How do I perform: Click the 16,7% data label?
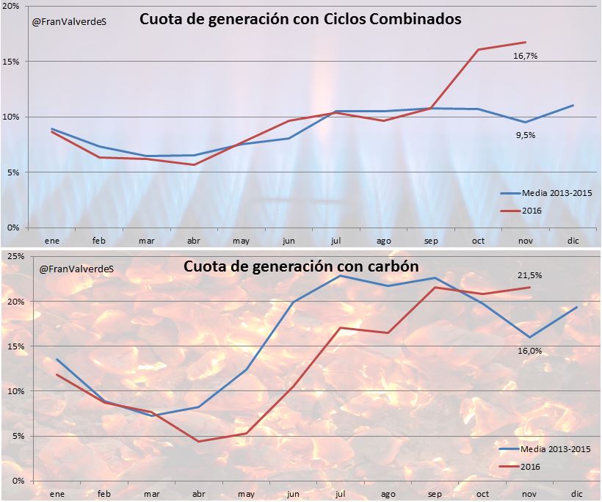[x=526, y=55]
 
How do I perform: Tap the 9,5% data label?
[x=526, y=135]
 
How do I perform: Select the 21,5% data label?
[x=530, y=275]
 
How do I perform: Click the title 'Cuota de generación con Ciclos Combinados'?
[x=300, y=20]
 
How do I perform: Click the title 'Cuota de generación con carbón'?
[x=301, y=266]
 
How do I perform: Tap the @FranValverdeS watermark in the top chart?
[x=70, y=23]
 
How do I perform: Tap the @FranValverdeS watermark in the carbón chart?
[x=70, y=269]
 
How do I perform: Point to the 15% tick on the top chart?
[x=14, y=62]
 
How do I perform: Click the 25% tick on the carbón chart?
[x=14, y=256]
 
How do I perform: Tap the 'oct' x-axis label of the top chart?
[x=478, y=240]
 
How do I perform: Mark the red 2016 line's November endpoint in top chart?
[x=526, y=42]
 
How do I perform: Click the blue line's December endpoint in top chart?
[x=573, y=105]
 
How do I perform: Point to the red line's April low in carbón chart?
[x=198, y=441]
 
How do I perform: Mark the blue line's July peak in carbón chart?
[x=341, y=275]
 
